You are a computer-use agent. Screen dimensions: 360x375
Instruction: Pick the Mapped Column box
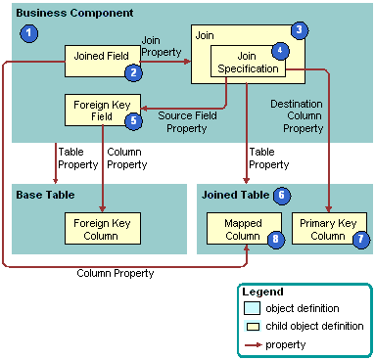click(237, 229)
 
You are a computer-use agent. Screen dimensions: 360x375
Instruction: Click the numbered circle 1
click(30, 34)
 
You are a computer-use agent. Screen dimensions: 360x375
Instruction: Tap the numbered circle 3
click(301, 30)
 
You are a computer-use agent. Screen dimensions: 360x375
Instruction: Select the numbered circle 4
click(281, 49)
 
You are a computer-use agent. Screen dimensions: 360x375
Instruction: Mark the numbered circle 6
click(282, 196)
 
